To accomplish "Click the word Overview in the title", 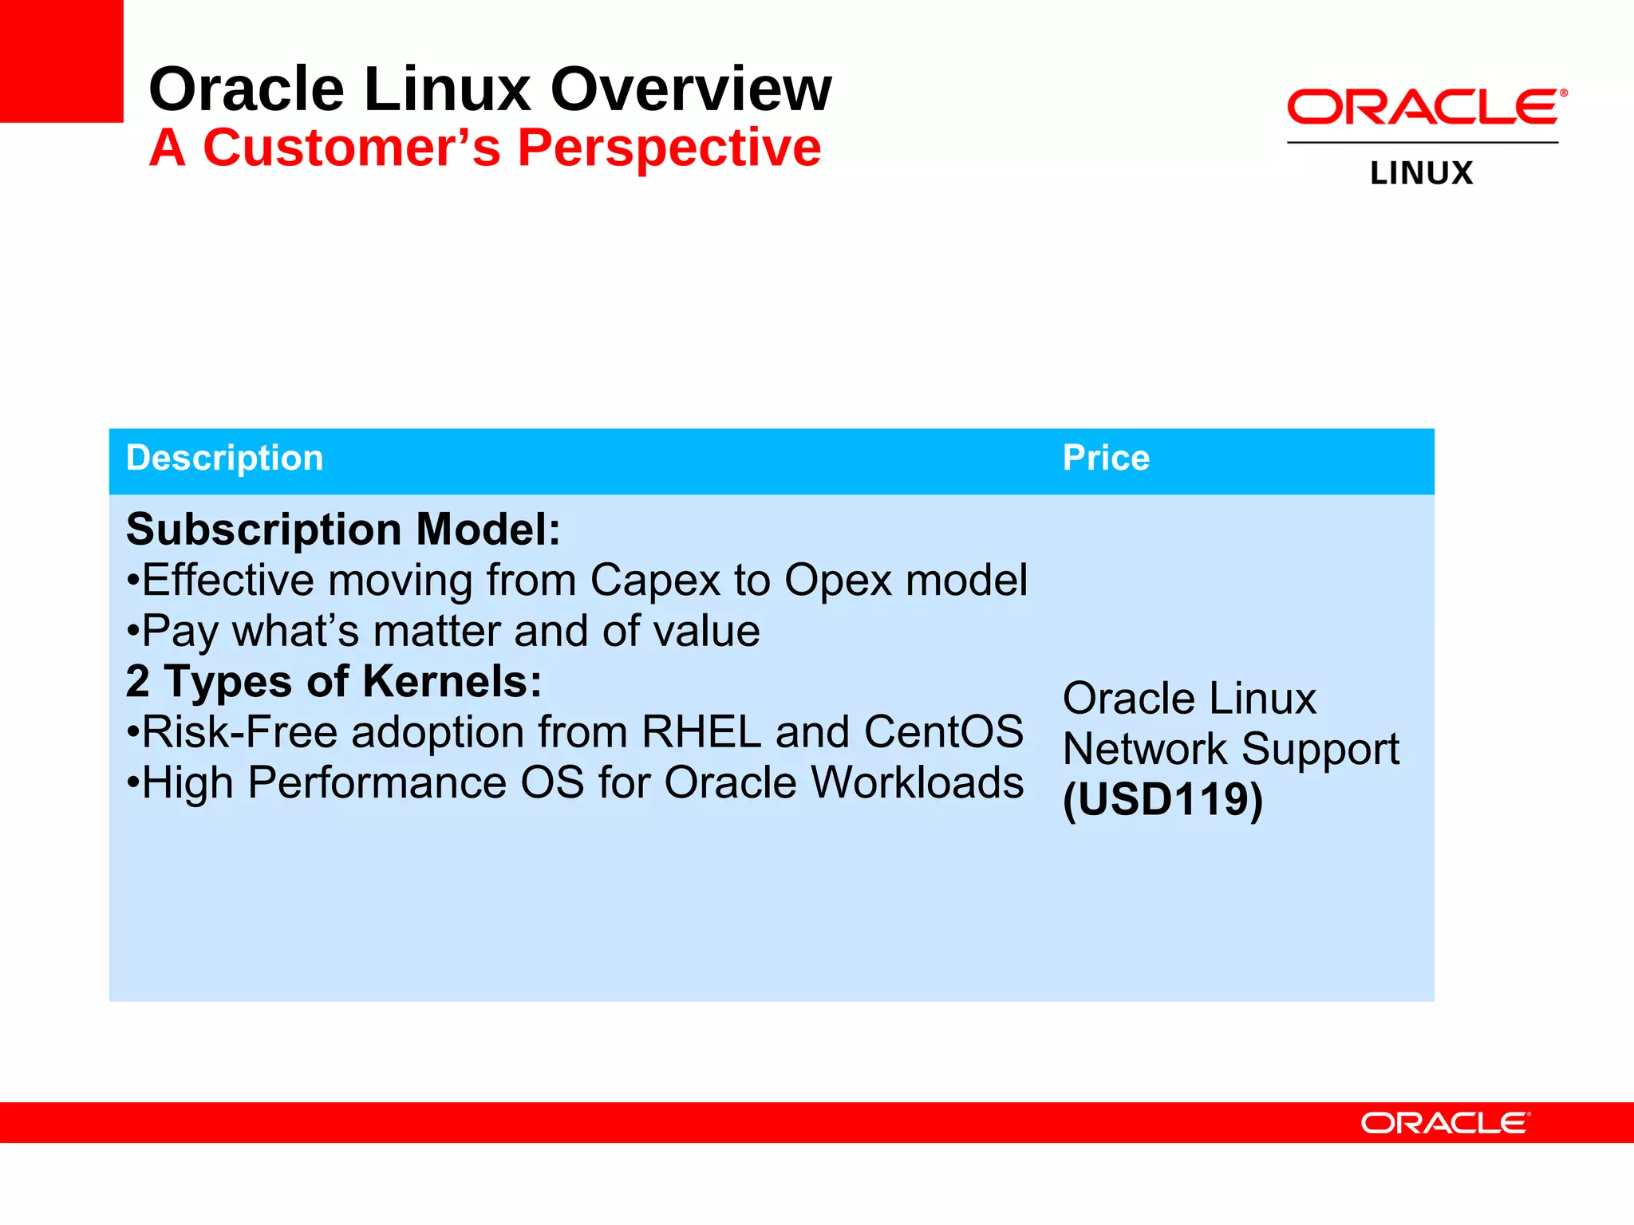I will pos(691,89).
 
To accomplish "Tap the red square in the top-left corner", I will pos(61,61).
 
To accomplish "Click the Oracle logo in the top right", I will pos(1426,107).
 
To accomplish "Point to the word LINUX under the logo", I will pos(1421,174).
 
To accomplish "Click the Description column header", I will pos(224,459).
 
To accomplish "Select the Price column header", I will pos(1105,459).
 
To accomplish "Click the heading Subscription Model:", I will pos(343,530).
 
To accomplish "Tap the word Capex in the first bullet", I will pos(655,581).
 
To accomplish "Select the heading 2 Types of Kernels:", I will pos(334,682).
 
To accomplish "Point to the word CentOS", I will pos(943,732).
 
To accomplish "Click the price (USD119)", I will pos(1162,799).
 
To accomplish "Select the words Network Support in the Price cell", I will pos(1230,750).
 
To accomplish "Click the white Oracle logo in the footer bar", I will pos(1445,1123).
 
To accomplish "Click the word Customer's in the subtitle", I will pos(351,148).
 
